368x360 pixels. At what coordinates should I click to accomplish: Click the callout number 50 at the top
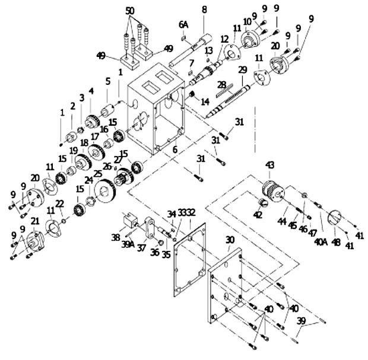click(x=130, y=11)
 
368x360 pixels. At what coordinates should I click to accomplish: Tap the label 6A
click(x=184, y=25)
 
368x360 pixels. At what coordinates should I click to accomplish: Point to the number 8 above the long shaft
click(x=204, y=9)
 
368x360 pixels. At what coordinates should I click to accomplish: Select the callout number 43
click(x=269, y=164)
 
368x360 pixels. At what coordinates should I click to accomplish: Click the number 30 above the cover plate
click(x=230, y=239)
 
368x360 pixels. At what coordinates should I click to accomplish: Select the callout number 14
click(x=205, y=101)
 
